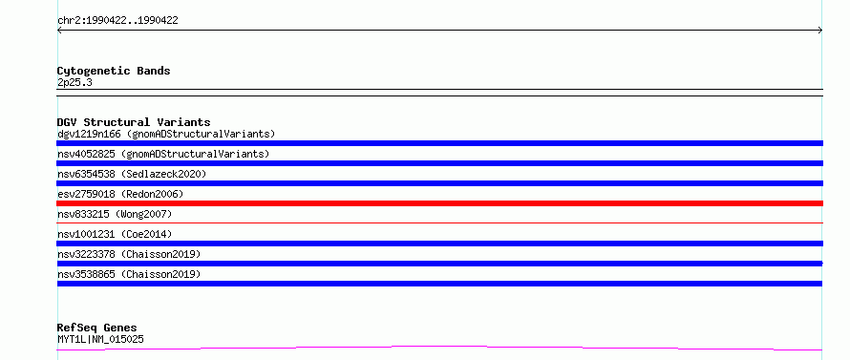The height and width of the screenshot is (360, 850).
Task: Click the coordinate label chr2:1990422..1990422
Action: pos(117,21)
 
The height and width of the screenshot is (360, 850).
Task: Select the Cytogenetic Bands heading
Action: pos(114,71)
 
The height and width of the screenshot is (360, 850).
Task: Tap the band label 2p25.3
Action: pos(74,82)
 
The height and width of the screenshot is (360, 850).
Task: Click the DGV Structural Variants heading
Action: pos(134,122)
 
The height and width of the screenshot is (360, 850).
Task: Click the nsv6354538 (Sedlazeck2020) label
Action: pos(132,174)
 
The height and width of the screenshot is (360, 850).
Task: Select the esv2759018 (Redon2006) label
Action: pos(120,194)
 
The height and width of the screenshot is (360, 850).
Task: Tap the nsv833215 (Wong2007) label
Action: pos(115,214)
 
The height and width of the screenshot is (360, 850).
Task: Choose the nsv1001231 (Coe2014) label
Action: pos(115,234)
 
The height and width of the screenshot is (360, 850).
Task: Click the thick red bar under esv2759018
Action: pos(439,203)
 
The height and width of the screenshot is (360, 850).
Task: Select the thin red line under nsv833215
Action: pos(439,222)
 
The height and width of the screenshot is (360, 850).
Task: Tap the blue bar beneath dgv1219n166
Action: pos(439,143)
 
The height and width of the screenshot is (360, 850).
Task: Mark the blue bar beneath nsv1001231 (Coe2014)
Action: pos(439,244)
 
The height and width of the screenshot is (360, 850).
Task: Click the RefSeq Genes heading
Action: pos(97,328)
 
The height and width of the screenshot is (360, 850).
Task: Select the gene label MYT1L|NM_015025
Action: pos(101,339)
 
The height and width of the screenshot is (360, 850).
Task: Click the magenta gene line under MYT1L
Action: pos(439,348)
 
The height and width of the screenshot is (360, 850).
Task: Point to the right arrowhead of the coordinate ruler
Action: pos(820,31)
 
